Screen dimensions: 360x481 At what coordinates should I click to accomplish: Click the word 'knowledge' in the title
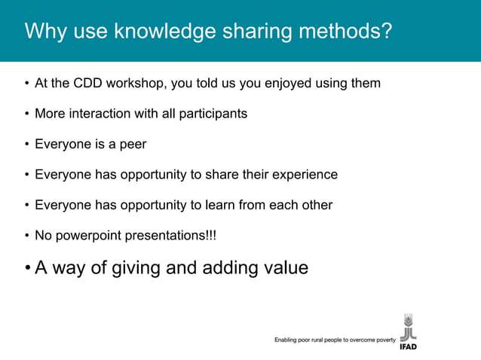150,32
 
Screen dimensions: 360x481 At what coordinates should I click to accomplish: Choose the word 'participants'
212,114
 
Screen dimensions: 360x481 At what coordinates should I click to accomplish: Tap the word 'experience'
304,175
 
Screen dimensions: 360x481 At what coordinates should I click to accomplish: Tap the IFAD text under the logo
407,346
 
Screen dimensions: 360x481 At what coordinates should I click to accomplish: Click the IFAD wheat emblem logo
407,327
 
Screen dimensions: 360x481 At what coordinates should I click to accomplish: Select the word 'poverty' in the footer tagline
383,340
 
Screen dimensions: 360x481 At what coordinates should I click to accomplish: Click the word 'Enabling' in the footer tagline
288,340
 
